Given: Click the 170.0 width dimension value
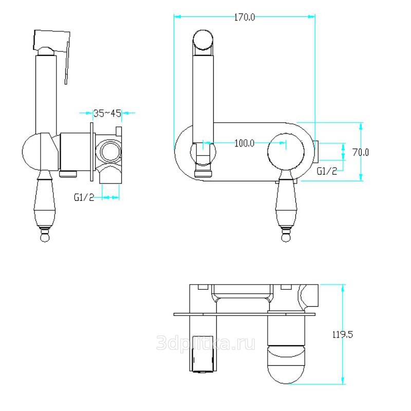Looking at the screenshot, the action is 245,17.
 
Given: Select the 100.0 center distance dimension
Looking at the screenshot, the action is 245,143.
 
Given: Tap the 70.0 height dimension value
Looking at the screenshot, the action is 361,152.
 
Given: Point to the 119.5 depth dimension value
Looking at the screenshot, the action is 343,334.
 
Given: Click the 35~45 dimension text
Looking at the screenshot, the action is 107,113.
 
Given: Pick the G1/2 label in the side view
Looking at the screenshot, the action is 84,197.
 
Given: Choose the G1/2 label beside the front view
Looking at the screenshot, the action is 327,171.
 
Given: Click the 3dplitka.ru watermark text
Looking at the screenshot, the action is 206,343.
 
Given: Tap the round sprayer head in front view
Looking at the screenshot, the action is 202,40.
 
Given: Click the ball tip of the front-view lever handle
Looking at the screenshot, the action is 286,237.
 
